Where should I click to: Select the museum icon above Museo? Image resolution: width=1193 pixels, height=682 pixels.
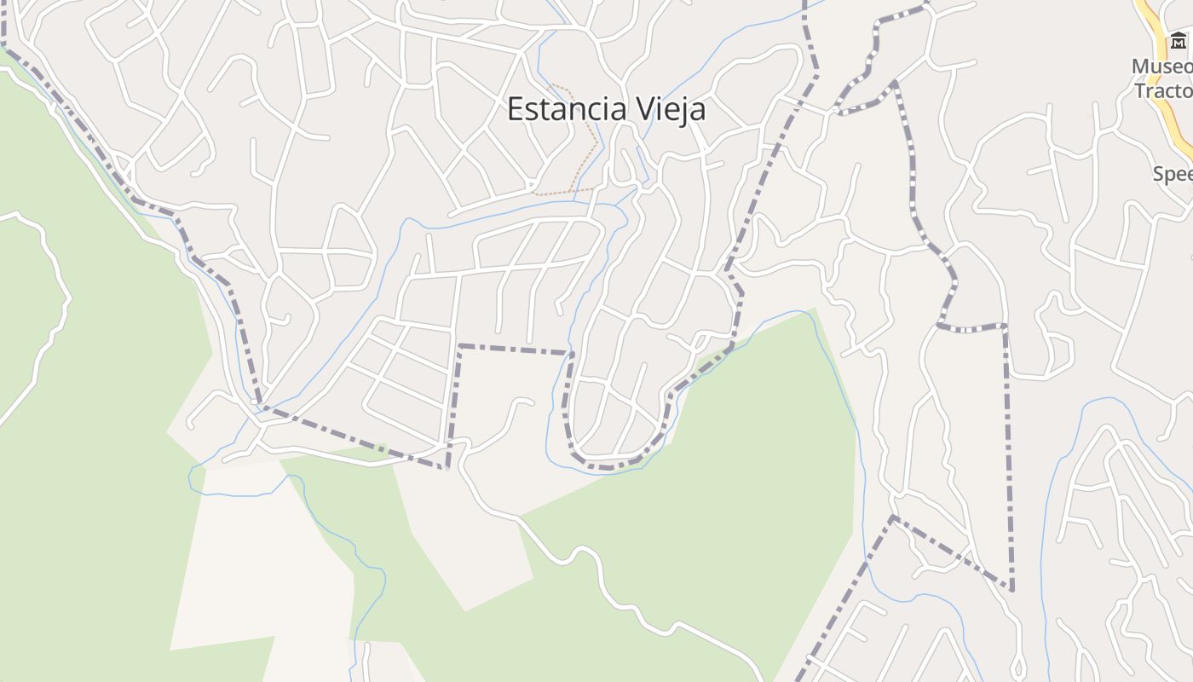point(1178,40)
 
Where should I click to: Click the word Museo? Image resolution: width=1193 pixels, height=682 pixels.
point(1161,66)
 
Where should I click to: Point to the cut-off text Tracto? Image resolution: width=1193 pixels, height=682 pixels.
point(1163,90)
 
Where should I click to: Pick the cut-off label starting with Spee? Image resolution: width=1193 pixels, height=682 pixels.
point(1173,174)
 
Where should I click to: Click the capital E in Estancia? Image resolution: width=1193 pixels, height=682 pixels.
point(515,109)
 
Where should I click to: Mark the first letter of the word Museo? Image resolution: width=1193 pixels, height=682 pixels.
point(1142,66)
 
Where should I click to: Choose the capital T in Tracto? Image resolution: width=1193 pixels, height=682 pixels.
point(1140,90)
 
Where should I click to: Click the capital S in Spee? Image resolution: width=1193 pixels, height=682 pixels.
point(1159,174)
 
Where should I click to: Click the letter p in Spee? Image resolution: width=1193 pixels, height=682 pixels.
point(1170,176)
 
